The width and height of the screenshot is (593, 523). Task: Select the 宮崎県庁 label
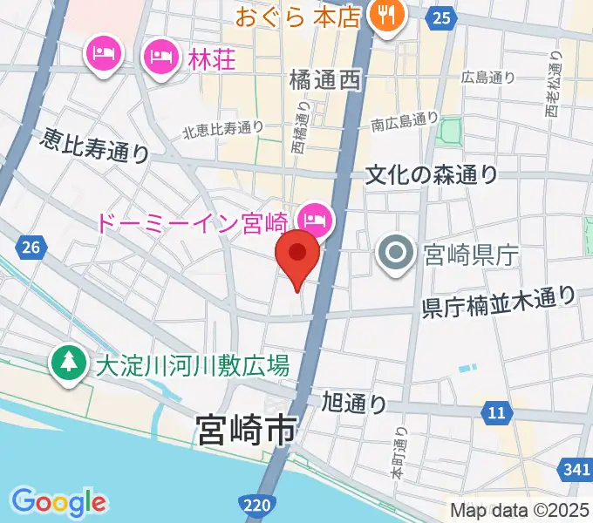pyautogui.click(x=471, y=255)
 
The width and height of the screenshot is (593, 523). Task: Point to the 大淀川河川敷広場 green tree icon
pyautogui.click(x=67, y=363)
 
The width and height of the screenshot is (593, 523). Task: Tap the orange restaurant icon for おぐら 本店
pyautogui.click(x=384, y=15)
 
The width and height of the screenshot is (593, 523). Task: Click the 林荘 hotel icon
pyautogui.click(x=160, y=58)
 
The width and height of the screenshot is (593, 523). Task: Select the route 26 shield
pyautogui.click(x=31, y=248)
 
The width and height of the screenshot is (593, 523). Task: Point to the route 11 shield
pyautogui.click(x=496, y=411)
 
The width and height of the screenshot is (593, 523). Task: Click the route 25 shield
pyautogui.click(x=442, y=17)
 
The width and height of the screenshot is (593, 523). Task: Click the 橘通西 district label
pyautogui.click(x=324, y=81)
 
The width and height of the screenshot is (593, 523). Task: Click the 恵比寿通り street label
pyautogui.click(x=95, y=146)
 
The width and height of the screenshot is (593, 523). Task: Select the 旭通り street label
pyautogui.click(x=353, y=403)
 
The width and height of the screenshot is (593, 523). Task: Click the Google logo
pyautogui.click(x=58, y=501)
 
